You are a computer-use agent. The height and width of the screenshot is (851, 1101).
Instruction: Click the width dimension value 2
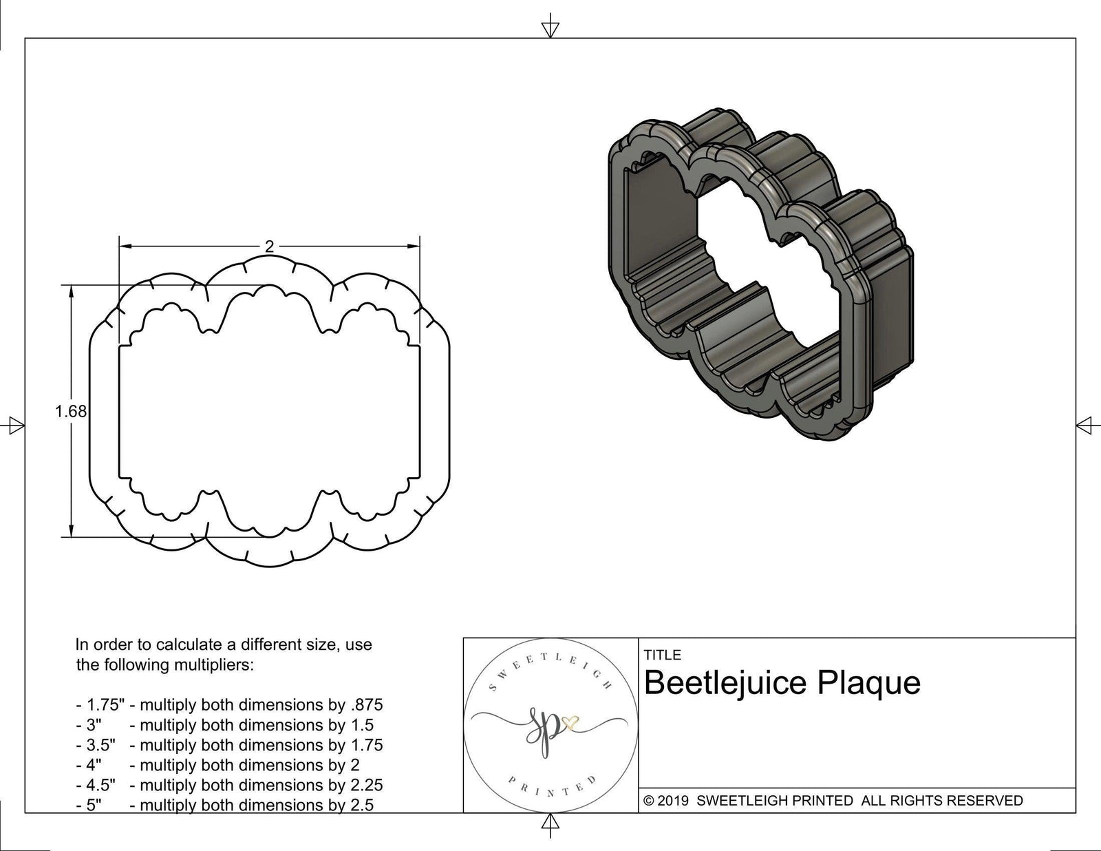click(x=269, y=246)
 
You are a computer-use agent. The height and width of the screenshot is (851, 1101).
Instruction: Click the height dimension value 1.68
click(x=71, y=411)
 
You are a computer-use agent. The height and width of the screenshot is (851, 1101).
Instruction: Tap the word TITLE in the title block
click(x=662, y=655)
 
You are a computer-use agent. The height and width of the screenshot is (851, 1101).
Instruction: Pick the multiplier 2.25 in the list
click(x=366, y=785)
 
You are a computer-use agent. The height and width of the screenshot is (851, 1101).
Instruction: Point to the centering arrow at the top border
click(x=550, y=29)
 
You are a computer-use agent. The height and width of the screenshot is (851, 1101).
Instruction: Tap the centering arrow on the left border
click(x=15, y=425)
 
